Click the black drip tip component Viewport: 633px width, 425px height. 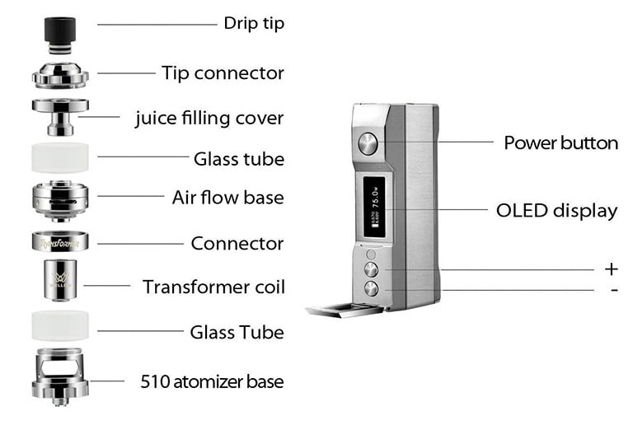pos(61,31)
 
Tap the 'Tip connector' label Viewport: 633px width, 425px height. pos(223,72)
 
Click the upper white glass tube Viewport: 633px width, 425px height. pos(60,156)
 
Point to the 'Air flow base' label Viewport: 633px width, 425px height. pos(227,198)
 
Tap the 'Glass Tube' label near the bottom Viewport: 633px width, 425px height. pos(237,332)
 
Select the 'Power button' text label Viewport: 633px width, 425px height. pos(560,142)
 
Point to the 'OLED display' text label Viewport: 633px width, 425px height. pos(556,210)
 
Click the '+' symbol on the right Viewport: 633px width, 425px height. pos(611,269)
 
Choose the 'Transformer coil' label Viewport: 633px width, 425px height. pos(213,287)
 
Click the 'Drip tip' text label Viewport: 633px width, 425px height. pos(253,23)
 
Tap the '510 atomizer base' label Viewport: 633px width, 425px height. pos(212,381)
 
